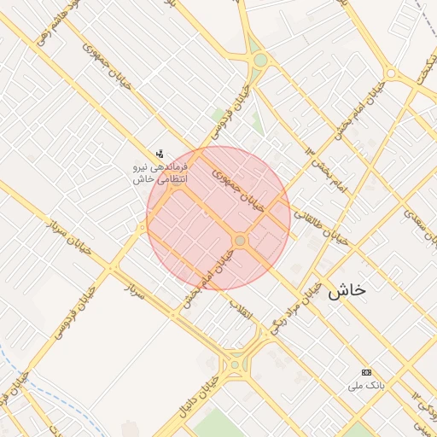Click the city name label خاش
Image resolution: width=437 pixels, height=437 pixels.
click(x=347, y=290)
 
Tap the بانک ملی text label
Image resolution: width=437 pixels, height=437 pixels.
click(x=367, y=386)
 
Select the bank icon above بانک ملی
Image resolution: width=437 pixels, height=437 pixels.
click(x=367, y=372)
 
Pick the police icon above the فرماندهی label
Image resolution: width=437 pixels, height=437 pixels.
click(x=160, y=154)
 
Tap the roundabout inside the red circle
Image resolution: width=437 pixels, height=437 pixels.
click(x=240, y=242)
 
